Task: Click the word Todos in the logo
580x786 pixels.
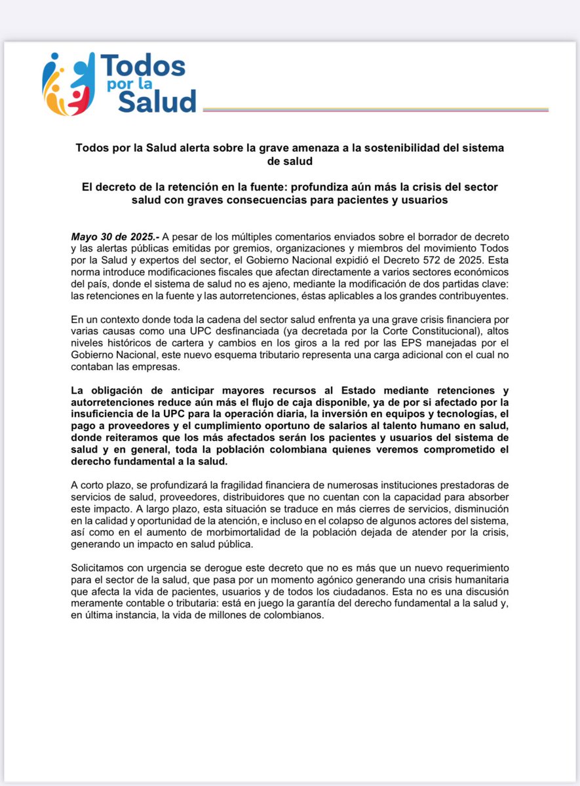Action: coord(143,67)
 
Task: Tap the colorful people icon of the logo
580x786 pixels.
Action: coord(65,84)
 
